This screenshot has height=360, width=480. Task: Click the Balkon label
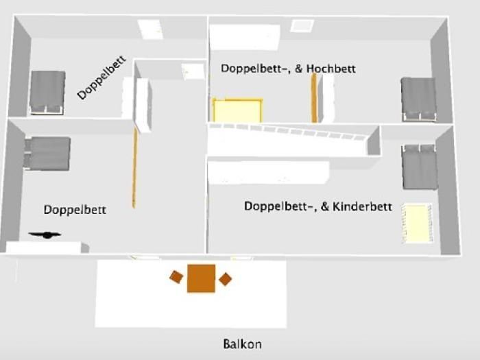click(242, 344)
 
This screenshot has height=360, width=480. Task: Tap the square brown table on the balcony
click(201, 278)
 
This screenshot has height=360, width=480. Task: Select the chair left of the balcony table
click(176, 277)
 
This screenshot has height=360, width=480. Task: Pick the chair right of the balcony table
click(226, 279)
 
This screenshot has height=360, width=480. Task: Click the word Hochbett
click(331, 69)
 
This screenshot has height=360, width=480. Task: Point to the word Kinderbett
click(362, 206)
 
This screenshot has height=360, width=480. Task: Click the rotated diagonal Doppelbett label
click(101, 77)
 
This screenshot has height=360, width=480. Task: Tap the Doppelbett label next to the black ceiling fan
click(75, 210)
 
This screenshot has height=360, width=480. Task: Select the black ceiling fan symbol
click(45, 235)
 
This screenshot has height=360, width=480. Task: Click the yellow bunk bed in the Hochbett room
click(237, 110)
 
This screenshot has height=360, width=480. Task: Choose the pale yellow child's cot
click(418, 224)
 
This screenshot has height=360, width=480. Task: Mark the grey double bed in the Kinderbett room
click(420, 167)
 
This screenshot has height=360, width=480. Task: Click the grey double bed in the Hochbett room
click(419, 99)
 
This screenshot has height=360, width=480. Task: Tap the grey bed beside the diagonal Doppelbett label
click(47, 93)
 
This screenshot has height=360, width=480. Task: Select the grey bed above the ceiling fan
click(47, 154)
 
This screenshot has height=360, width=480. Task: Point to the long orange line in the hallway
click(134, 168)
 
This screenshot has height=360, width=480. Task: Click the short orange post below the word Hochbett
click(314, 98)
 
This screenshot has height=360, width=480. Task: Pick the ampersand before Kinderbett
click(325, 206)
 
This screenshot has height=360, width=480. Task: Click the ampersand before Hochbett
click(299, 69)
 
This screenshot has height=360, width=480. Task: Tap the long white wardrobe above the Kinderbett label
click(269, 172)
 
